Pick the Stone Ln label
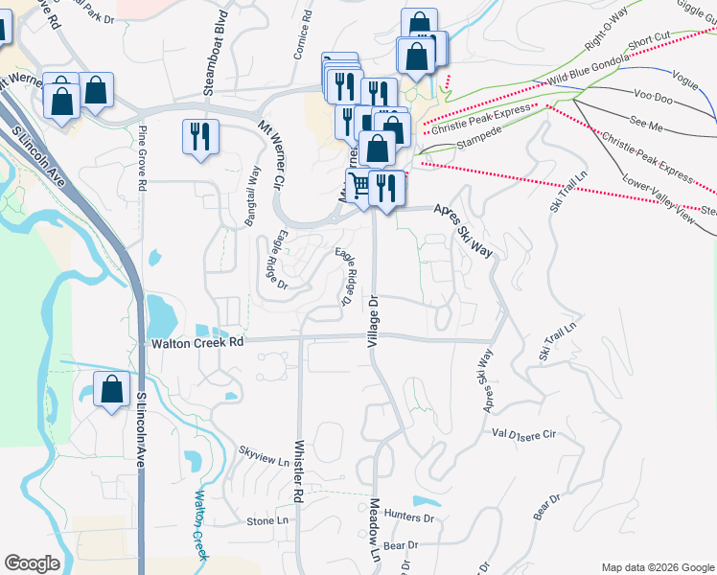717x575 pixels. click(267, 521)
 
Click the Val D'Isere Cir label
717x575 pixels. click(523, 433)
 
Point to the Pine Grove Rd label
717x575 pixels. click(142, 149)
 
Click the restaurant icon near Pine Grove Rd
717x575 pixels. click(200, 135)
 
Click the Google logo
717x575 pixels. click(32, 563)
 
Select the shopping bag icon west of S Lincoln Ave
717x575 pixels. click(112, 389)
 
